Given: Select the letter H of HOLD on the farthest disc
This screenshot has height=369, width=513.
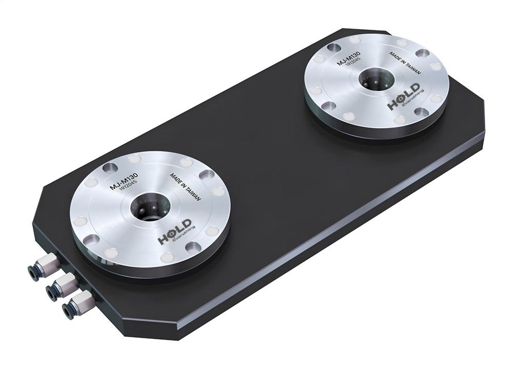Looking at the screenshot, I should [392, 106].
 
